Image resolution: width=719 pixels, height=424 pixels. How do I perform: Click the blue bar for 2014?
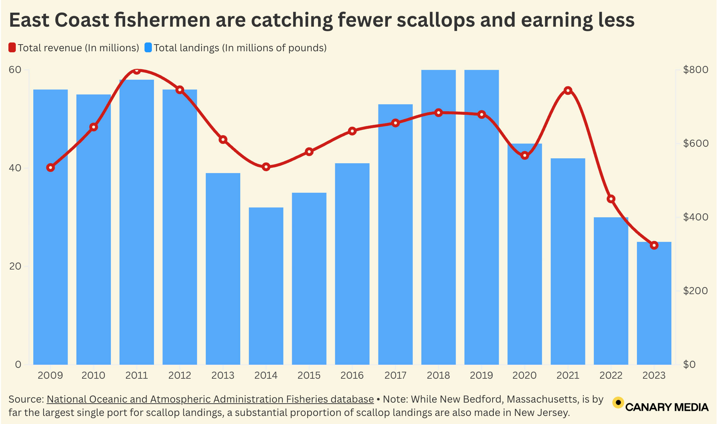(266, 286)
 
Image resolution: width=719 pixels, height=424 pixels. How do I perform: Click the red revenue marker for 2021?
(568, 91)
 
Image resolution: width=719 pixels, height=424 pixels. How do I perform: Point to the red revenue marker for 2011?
(137, 71)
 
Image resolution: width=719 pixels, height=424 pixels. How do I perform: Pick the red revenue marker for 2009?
(51, 168)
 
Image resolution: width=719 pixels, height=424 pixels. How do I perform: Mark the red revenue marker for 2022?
(611, 199)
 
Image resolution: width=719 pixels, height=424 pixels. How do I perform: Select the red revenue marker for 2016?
(352, 131)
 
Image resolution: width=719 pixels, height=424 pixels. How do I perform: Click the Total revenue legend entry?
(74, 48)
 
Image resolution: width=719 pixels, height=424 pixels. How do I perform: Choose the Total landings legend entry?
(236, 48)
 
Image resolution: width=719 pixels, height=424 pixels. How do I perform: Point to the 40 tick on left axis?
(15, 168)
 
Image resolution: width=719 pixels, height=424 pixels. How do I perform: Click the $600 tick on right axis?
(696, 144)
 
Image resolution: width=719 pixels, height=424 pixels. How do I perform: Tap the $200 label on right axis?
(696, 291)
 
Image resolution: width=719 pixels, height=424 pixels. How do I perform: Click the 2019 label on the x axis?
(481, 376)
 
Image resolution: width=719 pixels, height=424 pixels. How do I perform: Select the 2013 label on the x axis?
(223, 376)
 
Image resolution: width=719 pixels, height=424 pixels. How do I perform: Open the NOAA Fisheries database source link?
(210, 399)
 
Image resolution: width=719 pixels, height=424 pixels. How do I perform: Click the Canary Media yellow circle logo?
(618, 402)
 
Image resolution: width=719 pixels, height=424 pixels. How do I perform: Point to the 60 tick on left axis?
(15, 70)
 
